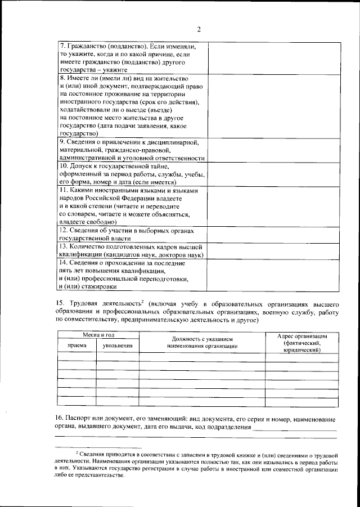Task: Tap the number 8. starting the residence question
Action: [63, 78]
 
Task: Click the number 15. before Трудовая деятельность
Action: [60, 304]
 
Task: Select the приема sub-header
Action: [77, 346]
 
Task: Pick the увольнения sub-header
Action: [118, 346]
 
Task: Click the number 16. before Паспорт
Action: [60, 419]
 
